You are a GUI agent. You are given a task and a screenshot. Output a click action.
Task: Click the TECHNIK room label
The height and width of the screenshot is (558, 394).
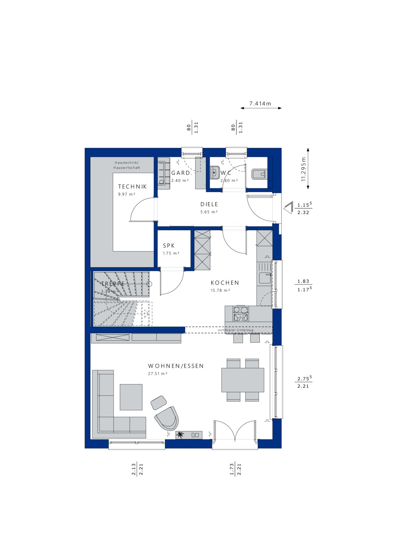[x=132, y=186]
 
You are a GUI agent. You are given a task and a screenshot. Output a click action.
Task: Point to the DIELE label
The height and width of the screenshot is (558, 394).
[x=209, y=204]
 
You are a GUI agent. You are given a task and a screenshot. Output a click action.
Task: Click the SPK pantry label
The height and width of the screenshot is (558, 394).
[x=169, y=246]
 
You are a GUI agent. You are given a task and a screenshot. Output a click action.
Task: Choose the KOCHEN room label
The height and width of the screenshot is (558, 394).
[x=225, y=283]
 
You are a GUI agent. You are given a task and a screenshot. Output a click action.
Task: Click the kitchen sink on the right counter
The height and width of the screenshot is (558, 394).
[x=264, y=278]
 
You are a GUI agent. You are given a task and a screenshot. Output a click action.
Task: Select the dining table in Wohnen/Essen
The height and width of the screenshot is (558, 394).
[x=243, y=380]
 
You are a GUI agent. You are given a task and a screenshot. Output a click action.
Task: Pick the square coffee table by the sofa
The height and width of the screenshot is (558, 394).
[x=131, y=397]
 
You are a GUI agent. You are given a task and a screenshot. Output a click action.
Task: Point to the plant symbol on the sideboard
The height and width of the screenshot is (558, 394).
[x=180, y=435]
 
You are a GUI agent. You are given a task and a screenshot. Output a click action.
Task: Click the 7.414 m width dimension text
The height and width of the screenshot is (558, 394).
[x=260, y=104]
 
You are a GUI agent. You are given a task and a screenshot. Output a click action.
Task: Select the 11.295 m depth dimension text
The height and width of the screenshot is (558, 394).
[x=304, y=169]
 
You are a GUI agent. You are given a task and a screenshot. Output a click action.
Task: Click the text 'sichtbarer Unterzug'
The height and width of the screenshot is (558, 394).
[x=236, y=330]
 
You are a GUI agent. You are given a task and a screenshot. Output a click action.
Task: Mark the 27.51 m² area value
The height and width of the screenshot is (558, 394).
[x=158, y=373]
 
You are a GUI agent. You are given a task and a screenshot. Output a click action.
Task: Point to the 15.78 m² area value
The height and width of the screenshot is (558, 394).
[x=220, y=290]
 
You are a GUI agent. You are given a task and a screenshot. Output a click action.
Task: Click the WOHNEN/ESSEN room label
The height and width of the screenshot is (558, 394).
[x=176, y=366]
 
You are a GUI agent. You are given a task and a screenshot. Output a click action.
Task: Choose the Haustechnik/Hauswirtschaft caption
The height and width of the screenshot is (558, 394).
[x=127, y=165]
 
